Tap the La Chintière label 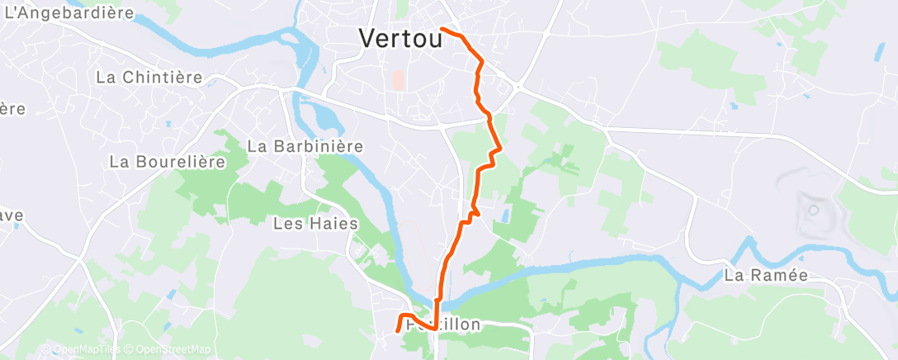coord(149,77)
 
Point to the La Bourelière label coord(168,162)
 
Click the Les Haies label coord(316,223)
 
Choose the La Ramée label coord(765,275)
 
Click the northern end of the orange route coord(443,29)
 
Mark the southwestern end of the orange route coord(399,330)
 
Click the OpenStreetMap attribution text coord(165,350)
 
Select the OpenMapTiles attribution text coord(81,350)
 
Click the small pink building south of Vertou coord(398,80)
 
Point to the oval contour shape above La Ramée coord(812,210)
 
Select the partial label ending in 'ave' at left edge coord(12,215)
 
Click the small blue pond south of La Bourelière coord(171,295)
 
